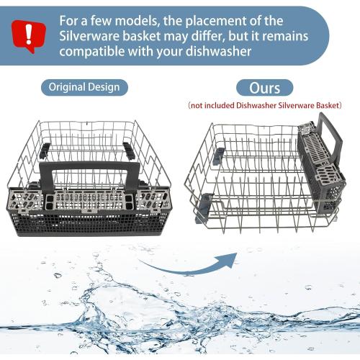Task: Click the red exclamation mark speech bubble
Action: click(x=28, y=32)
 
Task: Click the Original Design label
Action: click(x=84, y=87)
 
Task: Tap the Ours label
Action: click(x=264, y=87)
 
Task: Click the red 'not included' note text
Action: click(x=264, y=106)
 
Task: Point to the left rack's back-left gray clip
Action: click(x=45, y=149)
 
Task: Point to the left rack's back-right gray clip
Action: click(x=129, y=149)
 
